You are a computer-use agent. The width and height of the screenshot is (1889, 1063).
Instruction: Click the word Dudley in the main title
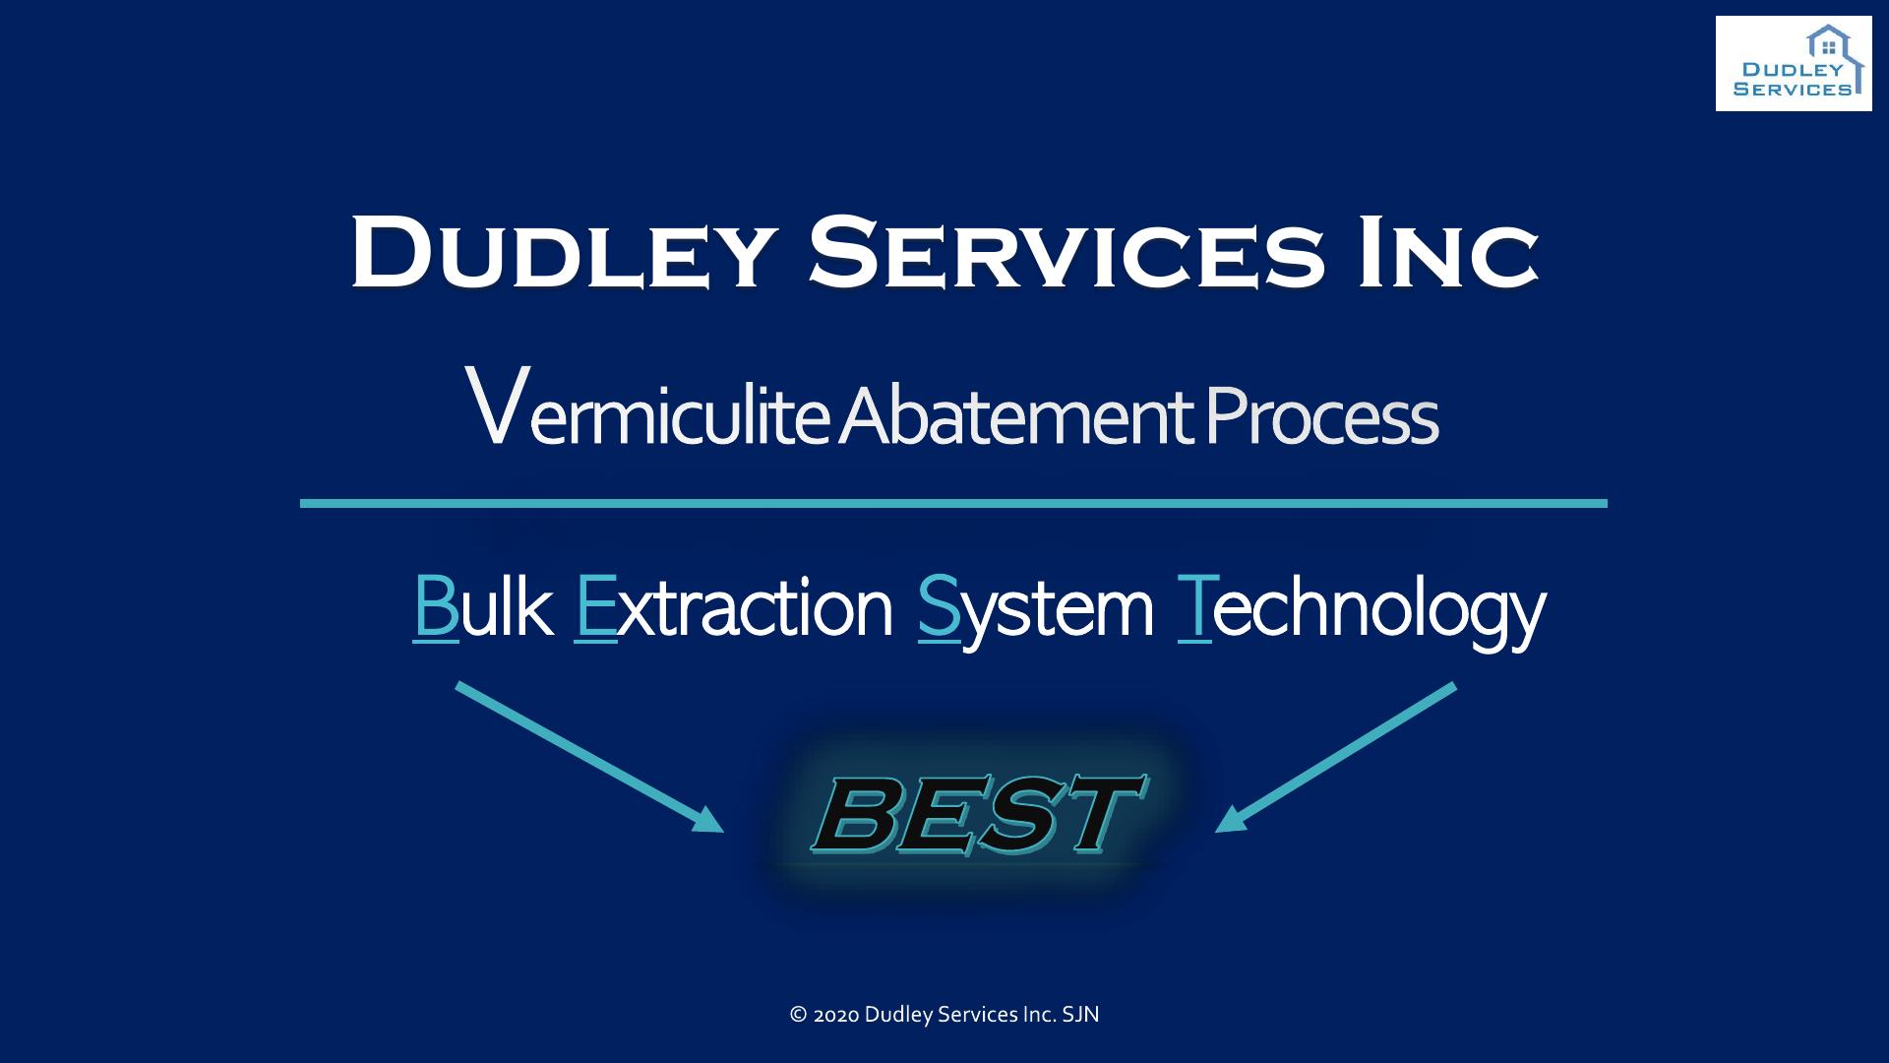coord(559,252)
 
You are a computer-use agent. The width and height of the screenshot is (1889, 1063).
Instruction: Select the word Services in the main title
coord(1066,252)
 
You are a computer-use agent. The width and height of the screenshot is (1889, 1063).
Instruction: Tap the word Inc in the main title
coord(1448,252)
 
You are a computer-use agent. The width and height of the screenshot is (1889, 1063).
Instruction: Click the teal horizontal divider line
coord(953,503)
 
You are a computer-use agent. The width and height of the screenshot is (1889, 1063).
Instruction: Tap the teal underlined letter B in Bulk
coord(436,608)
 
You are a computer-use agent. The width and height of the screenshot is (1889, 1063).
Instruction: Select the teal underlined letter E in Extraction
coord(595,608)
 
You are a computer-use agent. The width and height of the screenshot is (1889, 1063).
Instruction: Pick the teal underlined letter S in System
coord(939,608)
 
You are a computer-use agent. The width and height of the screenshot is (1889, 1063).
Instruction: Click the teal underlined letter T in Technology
coord(1194,608)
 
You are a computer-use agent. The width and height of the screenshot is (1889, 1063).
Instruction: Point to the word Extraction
coord(733,608)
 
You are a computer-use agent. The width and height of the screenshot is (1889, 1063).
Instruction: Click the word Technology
coord(1362,613)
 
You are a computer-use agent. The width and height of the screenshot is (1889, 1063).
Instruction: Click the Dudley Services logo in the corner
coord(1794,63)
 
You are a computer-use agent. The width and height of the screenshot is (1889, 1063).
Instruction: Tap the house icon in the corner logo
coord(1830,44)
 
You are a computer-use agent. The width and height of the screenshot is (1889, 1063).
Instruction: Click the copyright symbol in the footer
coord(799,1015)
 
